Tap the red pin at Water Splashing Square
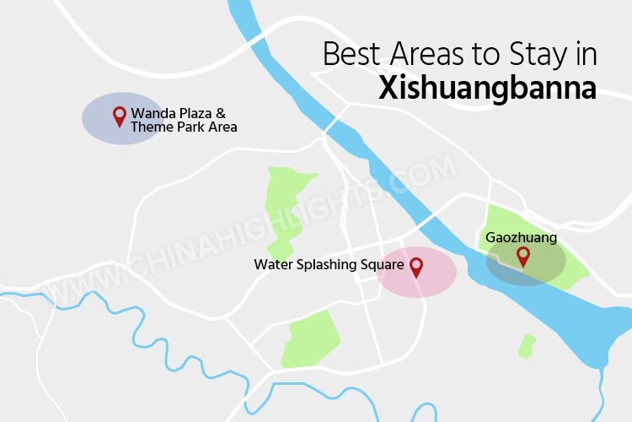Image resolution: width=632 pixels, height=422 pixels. pos(415,268)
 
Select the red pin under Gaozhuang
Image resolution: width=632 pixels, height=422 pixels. pos(522,255)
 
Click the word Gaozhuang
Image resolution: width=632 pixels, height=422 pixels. pos(521,238)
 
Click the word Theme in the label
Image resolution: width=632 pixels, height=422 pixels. pos(149,127)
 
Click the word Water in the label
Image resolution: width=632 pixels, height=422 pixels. pos(271,265)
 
